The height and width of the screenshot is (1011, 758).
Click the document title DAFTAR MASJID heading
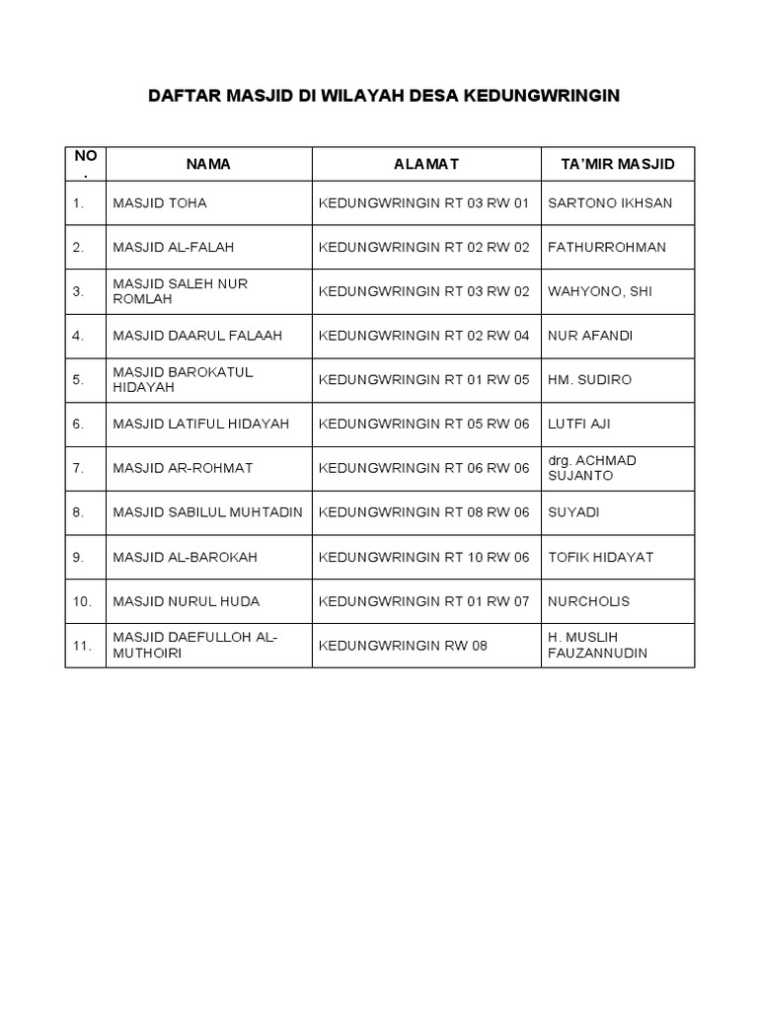(383, 96)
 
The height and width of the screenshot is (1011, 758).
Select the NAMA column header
(208, 164)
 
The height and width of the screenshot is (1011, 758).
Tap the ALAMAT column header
(425, 164)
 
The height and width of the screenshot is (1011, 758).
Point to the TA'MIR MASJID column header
(617, 164)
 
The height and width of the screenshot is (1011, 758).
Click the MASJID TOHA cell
(160, 203)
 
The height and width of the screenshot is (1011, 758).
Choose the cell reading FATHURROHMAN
(606, 248)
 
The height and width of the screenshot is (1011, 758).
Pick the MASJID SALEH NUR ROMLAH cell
(180, 291)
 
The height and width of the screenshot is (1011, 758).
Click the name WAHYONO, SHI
(599, 291)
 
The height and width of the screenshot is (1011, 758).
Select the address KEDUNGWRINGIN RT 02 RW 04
(424, 336)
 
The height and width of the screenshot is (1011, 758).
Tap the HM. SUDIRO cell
(589, 380)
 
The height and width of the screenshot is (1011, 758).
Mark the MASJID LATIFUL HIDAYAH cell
(201, 425)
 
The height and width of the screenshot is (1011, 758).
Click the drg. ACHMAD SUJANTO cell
(591, 468)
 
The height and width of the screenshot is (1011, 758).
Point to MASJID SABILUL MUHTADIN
(207, 512)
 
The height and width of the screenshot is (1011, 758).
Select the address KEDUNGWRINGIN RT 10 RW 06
(424, 557)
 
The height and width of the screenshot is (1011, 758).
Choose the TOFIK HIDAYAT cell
(600, 557)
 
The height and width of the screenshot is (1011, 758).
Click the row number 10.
(82, 601)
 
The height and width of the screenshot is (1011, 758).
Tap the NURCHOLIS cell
(588, 601)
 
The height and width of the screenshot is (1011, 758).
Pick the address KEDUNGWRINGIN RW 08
(403, 646)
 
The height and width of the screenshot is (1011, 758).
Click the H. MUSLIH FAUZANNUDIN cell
(597, 645)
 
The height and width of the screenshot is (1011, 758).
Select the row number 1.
(78, 203)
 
